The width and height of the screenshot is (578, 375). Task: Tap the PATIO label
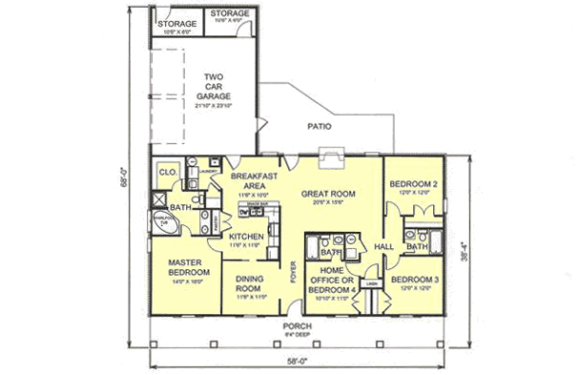click(x=319, y=124)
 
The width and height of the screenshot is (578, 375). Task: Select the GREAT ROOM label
click(x=328, y=194)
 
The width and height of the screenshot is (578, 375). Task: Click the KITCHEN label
click(x=245, y=236)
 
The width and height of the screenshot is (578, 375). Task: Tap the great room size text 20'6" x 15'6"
click(x=328, y=202)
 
